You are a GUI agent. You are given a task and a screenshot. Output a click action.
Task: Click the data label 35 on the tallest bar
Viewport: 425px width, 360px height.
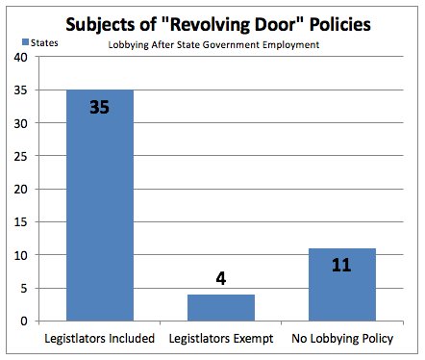[99, 107]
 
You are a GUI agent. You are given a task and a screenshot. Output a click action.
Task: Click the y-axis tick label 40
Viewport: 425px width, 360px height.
[19, 57]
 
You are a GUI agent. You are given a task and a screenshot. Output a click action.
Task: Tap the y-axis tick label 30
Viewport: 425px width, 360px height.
[19, 123]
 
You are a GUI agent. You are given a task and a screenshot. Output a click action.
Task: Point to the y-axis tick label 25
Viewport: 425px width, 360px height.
[19, 156]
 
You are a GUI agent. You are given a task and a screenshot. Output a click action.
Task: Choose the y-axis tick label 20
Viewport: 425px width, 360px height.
[19, 189]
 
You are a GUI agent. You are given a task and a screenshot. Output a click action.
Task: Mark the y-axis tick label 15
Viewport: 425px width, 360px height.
[19, 222]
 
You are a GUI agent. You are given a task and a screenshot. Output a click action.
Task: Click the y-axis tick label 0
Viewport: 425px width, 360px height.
[23, 321]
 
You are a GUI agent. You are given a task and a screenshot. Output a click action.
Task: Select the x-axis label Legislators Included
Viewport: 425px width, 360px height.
[99, 339]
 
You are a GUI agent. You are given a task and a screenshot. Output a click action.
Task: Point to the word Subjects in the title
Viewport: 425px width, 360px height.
[96, 22]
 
